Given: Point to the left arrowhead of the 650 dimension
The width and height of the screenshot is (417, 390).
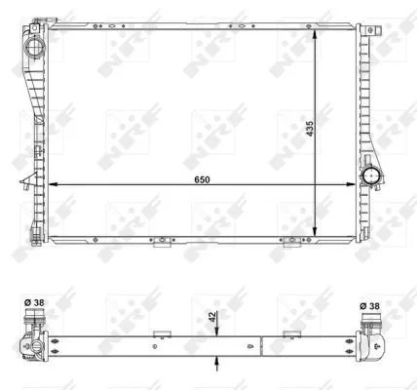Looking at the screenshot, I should coord(51,184).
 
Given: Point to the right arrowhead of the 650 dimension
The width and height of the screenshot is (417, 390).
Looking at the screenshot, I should coord(360,184).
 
